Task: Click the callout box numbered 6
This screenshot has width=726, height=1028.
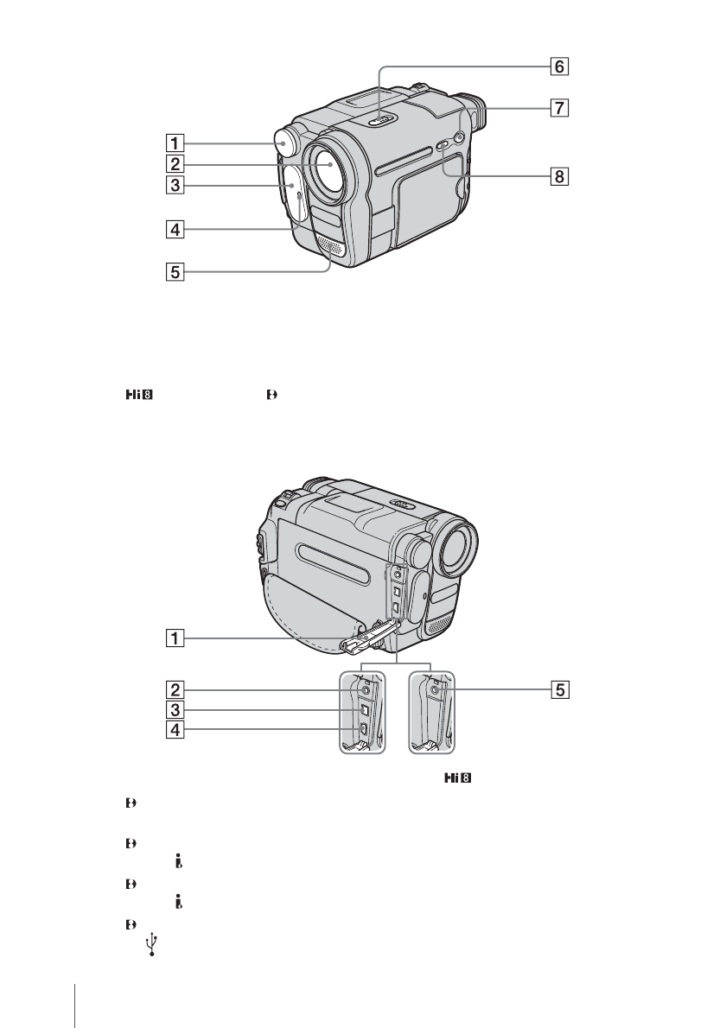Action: pos(559,67)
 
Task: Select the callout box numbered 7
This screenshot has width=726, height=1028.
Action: pos(559,107)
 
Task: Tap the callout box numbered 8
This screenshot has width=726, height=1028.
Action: pos(559,176)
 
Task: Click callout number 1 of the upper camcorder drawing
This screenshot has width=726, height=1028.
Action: pos(175,143)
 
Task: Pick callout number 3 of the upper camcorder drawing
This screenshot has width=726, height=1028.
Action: pos(175,185)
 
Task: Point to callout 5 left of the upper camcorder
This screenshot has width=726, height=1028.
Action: pos(175,271)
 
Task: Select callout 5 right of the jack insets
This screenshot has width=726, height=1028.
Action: pos(559,689)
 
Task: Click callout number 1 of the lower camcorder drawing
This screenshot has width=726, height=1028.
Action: pos(175,638)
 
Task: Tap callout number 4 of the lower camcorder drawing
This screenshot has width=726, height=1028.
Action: pos(175,729)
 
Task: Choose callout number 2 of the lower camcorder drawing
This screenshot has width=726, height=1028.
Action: pos(175,689)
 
